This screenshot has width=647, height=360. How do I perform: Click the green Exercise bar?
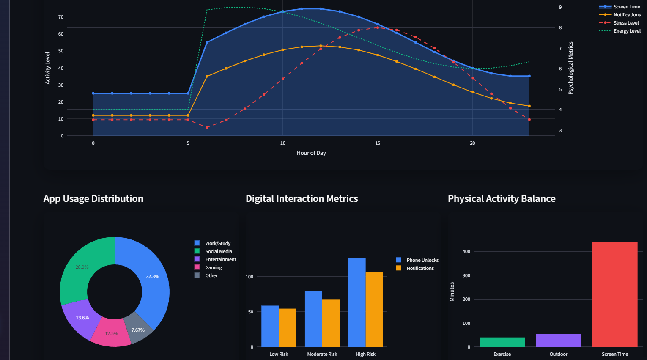pos(502,342)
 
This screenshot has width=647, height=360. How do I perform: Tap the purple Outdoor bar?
pos(558,340)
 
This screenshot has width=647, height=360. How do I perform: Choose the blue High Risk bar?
pos(357,302)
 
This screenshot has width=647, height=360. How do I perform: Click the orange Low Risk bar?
pos(288,327)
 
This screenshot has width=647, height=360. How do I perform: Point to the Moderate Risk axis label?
pos(322,354)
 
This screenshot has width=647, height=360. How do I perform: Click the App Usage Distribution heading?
pos(93,198)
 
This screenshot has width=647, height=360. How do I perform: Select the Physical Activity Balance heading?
pos(502,198)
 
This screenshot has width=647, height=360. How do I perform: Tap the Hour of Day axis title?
pos(311,153)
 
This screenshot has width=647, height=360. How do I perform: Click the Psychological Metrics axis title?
pos(571,68)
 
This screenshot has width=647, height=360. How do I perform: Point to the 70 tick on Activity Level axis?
pos(61,17)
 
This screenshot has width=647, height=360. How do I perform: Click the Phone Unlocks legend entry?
pos(422,260)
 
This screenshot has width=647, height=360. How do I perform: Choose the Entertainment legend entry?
pos(220,259)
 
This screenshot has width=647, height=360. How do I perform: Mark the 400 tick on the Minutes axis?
pos(466,251)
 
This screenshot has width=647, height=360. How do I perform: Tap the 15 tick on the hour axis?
pos(378,143)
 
